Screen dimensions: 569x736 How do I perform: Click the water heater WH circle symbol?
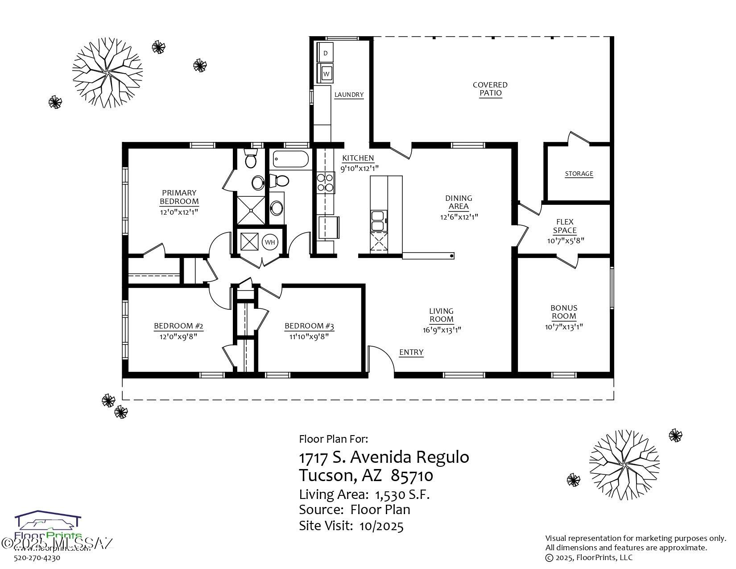click(270, 242)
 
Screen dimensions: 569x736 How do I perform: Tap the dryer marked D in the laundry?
click(325, 53)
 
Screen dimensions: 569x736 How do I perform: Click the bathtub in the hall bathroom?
click(290, 159)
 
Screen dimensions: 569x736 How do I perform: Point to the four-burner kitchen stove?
click(326, 183)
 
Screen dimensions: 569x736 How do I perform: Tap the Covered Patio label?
click(490, 89)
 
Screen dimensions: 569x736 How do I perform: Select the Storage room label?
click(579, 174)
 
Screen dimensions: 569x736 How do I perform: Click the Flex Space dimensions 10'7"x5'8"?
click(566, 241)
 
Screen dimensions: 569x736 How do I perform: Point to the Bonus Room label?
click(564, 312)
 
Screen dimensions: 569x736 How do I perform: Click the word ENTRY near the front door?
click(411, 352)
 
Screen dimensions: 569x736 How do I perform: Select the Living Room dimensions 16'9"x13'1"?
click(442, 330)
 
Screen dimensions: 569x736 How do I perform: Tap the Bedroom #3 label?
click(309, 326)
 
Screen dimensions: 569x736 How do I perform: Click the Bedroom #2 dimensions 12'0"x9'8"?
click(178, 336)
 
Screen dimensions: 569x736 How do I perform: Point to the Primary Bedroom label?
click(179, 197)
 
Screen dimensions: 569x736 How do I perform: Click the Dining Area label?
click(459, 202)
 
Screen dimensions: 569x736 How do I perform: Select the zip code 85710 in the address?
click(412, 476)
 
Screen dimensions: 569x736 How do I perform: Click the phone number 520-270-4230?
click(37, 557)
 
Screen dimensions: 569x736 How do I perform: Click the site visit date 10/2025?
click(381, 526)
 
